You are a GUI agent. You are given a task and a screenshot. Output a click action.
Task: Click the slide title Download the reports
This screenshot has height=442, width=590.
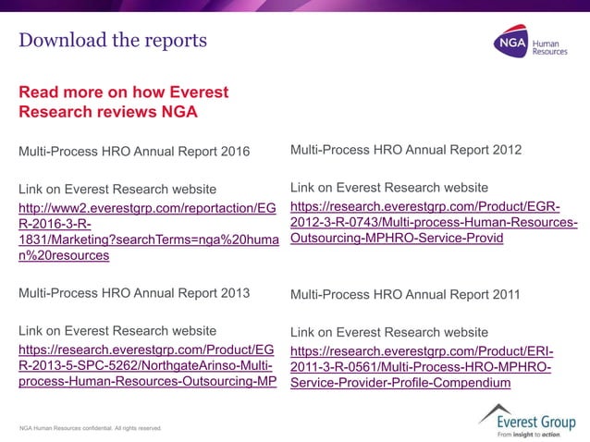[x=113, y=41]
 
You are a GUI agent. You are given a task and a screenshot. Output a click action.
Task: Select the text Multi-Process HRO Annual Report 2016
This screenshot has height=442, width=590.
[x=134, y=152]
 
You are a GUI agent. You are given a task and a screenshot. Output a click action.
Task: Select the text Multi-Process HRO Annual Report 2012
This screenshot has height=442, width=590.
[x=406, y=150]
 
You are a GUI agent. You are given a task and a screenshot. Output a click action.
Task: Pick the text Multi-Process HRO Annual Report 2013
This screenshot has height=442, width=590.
[x=134, y=294]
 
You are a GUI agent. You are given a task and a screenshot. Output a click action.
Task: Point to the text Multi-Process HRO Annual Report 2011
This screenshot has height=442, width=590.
[x=405, y=295]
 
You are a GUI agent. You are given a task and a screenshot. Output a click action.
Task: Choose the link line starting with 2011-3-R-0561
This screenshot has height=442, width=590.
[x=422, y=367]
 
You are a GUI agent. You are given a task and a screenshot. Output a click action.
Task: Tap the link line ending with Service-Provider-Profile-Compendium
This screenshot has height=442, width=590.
[x=400, y=383]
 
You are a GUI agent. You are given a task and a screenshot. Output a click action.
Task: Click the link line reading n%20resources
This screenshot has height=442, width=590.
[x=64, y=255]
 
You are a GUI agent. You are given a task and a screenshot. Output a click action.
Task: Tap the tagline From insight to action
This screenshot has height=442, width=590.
[x=529, y=434]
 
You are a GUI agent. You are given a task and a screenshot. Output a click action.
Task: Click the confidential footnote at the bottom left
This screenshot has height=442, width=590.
[x=91, y=428]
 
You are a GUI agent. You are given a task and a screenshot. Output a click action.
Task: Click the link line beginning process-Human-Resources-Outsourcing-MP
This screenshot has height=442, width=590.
[x=147, y=382]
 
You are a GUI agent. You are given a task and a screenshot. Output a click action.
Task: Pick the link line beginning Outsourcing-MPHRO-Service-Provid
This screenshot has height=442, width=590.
[x=397, y=238]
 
